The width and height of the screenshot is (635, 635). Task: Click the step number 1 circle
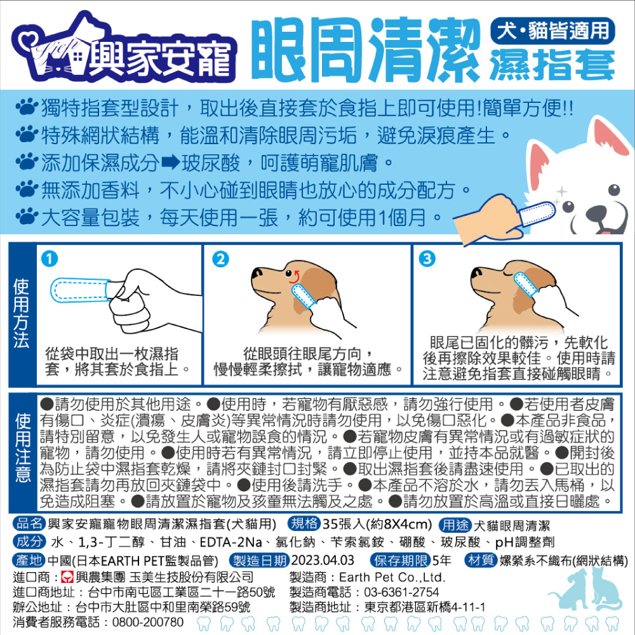click(x=50, y=258)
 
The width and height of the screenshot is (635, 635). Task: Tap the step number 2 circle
click(x=221, y=258)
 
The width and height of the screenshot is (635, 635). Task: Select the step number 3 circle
click(x=427, y=258)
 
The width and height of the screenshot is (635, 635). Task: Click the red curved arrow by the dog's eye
click(x=294, y=277)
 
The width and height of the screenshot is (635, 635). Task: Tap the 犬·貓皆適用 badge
click(x=552, y=30)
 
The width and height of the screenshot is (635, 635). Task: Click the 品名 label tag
click(x=29, y=524)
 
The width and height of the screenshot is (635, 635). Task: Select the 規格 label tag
click(x=304, y=524)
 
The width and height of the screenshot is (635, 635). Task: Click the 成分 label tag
click(x=29, y=542)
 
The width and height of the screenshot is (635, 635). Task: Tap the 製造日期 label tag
click(x=260, y=561)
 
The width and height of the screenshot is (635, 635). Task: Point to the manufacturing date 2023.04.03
click(x=323, y=561)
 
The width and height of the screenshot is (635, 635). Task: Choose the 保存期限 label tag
click(x=401, y=561)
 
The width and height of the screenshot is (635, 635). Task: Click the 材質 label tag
click(x=481, y=561)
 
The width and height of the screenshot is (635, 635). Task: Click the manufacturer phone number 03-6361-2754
click(x=401, y=592)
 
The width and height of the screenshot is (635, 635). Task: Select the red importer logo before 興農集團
click(x=67, y=577)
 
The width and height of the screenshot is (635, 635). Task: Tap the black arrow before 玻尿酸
click(x=170, y=163)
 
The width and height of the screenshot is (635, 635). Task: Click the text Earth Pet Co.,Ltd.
click(x=392, y=577)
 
